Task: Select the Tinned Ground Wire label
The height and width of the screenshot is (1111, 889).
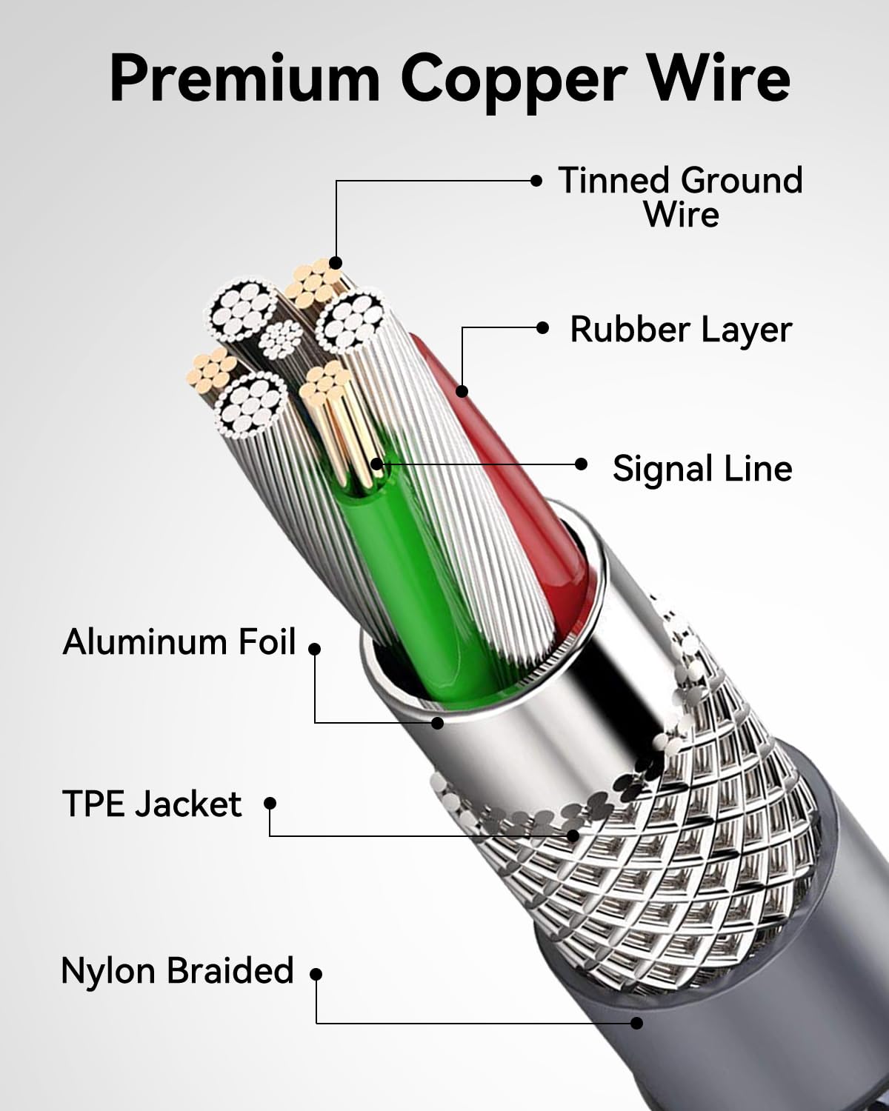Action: click(680, 197)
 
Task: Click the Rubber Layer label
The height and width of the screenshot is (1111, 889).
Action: click(680, 330)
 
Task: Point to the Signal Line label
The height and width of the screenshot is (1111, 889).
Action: click(702, 468)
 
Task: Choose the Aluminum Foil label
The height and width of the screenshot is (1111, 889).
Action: click(179, 641)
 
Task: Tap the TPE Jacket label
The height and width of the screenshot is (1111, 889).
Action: click(152, 804)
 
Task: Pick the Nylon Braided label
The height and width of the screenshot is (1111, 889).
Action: click(178, 970)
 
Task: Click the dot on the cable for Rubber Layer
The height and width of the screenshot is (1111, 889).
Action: click(462, 390)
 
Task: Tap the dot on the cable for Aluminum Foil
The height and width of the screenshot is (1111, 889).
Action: click(438, 722)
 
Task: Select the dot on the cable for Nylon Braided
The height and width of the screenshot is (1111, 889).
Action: click(636, 1023)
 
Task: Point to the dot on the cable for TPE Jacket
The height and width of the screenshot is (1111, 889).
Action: click(573, 835)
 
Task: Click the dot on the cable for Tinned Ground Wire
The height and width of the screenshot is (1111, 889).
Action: click(336, 263)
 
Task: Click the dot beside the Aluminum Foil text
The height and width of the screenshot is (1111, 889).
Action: click(315, 649)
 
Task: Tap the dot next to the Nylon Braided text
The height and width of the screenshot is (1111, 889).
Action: click(316, 975)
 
